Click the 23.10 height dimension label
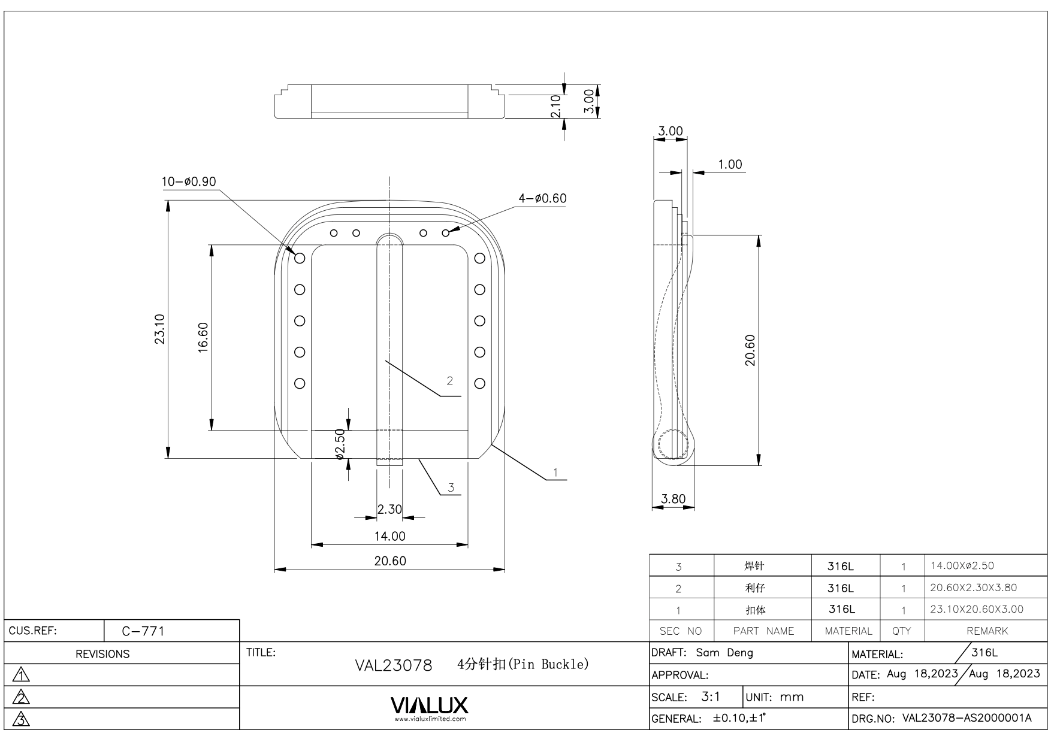point(160,329)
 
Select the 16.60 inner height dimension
point(203,338)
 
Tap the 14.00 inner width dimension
point(389,536)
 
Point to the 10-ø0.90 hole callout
point(189,181)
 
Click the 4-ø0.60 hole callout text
point(542,198)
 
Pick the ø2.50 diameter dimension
point(340,444)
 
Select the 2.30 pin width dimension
point(389,509)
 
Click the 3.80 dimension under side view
point(673,499)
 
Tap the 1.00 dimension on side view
point(730,164)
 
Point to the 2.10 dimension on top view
point(555,106)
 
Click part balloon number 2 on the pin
point(450,381)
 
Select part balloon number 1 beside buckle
point(555,473)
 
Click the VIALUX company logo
point(430,707)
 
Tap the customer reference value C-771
point(143,631)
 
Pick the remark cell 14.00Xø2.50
point(962,565)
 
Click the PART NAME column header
point(763,631)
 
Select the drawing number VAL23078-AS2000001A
point(967,718)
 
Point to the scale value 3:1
point(711,696)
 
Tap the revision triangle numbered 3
point(21,719)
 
